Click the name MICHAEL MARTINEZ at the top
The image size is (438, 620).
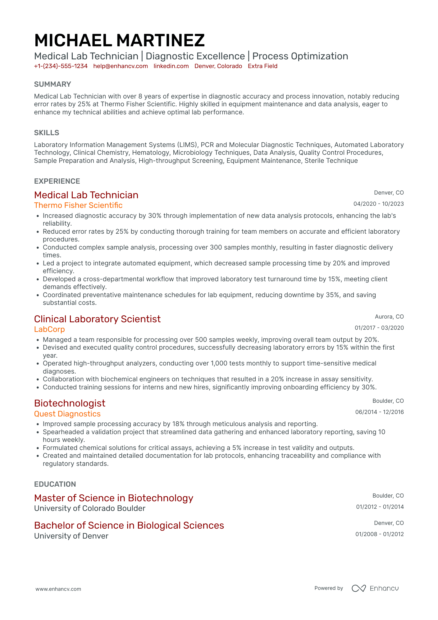119,41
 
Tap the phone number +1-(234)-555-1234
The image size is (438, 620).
61,66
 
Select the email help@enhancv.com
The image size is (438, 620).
121,66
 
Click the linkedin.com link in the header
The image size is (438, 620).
171,66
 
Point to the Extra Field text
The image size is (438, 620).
262,66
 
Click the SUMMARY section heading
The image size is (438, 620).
52,84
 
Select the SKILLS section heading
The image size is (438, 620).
47,133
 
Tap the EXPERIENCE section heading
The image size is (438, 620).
57,181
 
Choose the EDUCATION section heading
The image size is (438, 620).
55,484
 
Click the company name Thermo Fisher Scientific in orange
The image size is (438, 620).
78,205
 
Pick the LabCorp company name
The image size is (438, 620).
49,329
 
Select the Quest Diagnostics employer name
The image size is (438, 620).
67,414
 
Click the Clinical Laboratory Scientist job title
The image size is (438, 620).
97,319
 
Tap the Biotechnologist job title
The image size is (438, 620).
70,403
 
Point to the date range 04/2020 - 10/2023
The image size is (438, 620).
379,204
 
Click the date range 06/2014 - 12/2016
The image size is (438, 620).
380,412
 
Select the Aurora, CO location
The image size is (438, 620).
389,317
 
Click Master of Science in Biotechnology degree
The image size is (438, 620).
114,498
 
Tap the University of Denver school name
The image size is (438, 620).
71,536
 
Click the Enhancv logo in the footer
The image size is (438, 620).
375,588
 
